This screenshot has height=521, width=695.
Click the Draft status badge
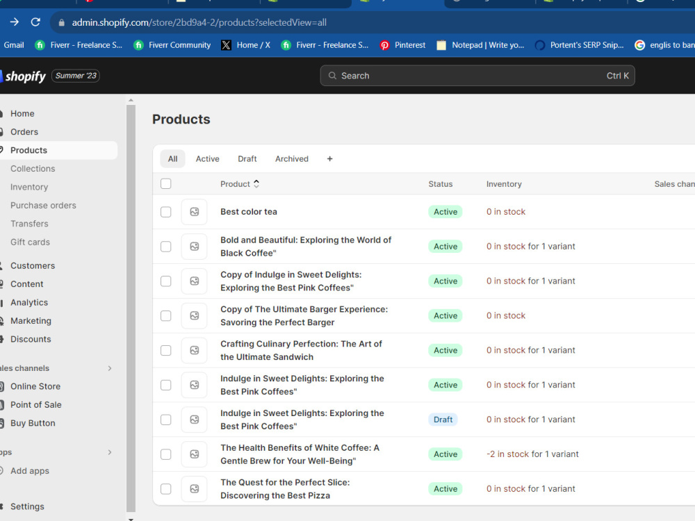coord(443,420)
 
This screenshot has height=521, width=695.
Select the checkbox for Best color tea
coord(166,212)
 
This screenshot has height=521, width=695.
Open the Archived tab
coord(292,159)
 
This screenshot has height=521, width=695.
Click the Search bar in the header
coord(477,76)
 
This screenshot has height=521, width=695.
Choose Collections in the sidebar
coord(33,169)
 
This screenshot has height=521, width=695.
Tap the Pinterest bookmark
coord(402,45)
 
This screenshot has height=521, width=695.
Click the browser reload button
coord(35,22)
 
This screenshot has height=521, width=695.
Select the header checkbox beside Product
coord(166,184)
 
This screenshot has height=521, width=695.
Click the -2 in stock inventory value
coord(532,454)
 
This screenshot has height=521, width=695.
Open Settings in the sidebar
coord(27,506)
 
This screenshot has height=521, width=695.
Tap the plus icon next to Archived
coord(329,159)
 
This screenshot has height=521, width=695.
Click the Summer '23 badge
coord(76,76)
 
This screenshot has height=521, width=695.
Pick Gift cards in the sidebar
coord(30,242)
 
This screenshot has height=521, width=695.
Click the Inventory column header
coord(504,184)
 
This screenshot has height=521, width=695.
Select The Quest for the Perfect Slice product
coord(285,489)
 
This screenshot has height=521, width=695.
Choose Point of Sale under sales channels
coord(36,405)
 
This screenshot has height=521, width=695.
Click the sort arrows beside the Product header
coord(256,184)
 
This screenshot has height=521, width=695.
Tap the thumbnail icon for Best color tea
coord(194,212)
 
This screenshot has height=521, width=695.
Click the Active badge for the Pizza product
coord(445,489)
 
